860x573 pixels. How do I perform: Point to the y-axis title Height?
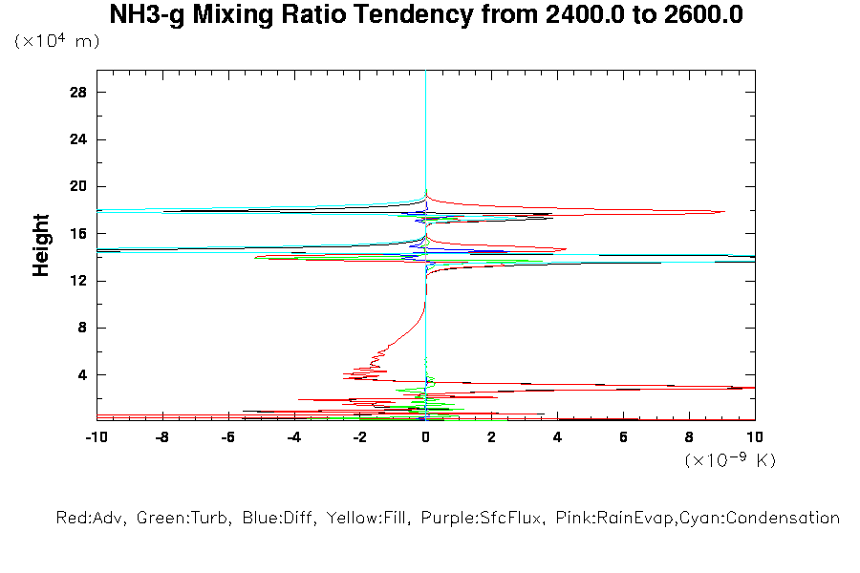point(41,245)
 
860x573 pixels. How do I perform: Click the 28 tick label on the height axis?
point(78,93)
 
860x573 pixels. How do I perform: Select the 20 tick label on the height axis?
point(78,186)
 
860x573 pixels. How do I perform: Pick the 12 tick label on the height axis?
point(78,281)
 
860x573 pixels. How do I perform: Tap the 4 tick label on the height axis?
point(82,374)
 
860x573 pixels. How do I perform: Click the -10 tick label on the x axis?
point(95,436)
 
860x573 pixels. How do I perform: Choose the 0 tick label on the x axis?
point(425,436)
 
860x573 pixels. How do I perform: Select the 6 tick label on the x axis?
point(623,436)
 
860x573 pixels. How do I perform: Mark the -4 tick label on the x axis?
point(292,436)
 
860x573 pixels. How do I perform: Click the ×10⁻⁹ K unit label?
point(730,460)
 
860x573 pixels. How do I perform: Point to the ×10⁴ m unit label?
point(56,42)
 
